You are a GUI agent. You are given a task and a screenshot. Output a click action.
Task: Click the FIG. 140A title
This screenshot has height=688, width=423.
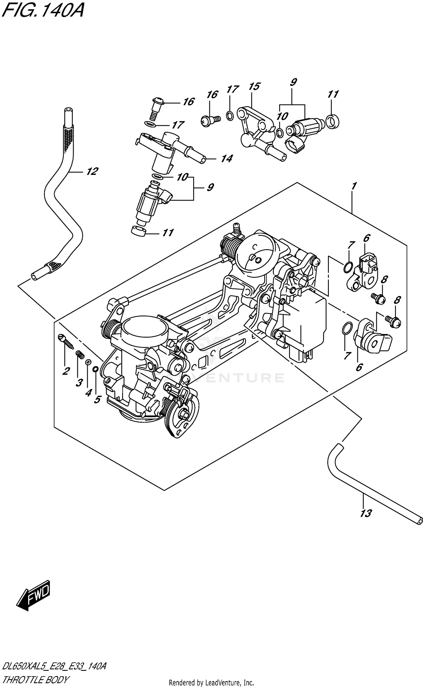(x=42, y=11)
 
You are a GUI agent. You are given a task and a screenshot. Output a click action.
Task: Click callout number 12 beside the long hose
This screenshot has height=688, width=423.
(x=92, y=171)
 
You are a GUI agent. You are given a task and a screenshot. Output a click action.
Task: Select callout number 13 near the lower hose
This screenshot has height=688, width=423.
(x=366, y=513)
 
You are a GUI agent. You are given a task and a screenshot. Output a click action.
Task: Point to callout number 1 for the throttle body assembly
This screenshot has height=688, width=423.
(x=354, y=186)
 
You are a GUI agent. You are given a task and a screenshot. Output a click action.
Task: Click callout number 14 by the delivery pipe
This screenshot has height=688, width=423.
(x=226, y=159)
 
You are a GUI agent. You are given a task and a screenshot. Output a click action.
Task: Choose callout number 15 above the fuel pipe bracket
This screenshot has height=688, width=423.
(x=254, y=87)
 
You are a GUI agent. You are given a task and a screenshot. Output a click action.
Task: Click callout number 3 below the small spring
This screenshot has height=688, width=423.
(x=79, y=382)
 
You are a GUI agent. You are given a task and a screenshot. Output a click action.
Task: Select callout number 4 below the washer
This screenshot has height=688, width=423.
(x=88, y=392)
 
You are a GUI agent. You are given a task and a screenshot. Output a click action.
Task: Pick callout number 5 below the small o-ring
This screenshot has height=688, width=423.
(x=97, y=399)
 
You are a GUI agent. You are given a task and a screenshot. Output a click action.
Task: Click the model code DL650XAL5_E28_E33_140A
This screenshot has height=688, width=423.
(x=54, y=666)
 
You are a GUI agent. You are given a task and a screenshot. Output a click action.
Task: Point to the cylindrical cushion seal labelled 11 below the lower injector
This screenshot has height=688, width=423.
(x=139, y=231)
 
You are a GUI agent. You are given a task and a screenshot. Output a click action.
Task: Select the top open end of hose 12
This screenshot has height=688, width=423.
(x=68, y=110)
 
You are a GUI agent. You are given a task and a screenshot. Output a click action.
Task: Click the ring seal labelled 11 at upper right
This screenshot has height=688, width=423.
(x=332, y=122)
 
